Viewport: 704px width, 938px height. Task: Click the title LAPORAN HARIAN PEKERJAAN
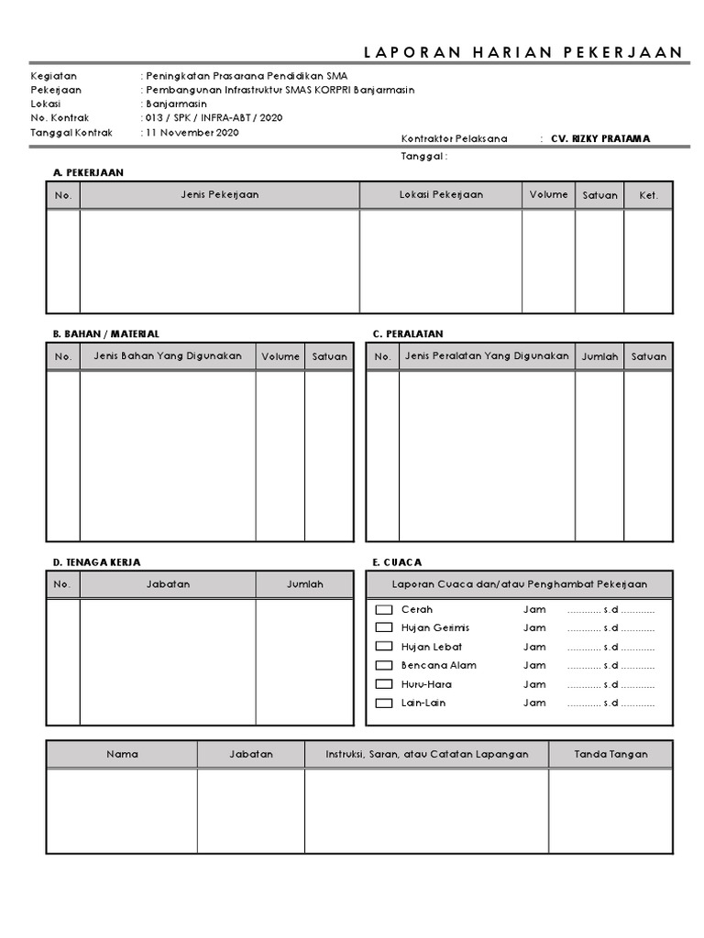pos(523,52)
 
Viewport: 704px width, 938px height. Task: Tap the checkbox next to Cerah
pos(383,610)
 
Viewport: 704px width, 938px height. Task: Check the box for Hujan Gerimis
pos(383,628)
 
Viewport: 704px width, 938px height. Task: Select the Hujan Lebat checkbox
pos(383,648)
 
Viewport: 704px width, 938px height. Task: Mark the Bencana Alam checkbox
pos(383,666)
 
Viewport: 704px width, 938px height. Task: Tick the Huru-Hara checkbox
pos(383,685)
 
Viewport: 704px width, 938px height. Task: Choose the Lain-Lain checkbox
pos(383,703)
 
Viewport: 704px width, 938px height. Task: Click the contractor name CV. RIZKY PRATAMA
pos(600,139)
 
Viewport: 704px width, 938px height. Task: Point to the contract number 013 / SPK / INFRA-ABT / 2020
pos(214,118)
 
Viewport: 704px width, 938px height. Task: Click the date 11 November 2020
pos(192,133)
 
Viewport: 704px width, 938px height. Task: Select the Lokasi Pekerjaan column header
pos(441,195)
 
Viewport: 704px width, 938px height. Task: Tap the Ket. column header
pos(648,196)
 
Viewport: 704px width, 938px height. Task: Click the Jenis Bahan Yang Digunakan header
pos(161,356)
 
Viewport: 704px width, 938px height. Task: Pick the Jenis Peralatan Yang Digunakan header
pos(487,356)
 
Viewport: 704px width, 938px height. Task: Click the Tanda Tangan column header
pos(610,755)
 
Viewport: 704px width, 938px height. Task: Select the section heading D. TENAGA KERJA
pos(96,562)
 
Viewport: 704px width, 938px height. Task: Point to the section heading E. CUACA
pos(397,562)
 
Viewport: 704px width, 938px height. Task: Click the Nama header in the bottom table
pos(122,755)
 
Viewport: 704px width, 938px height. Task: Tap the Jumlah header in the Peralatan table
pos(599,357)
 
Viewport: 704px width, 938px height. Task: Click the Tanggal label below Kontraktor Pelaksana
pos(423,157)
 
